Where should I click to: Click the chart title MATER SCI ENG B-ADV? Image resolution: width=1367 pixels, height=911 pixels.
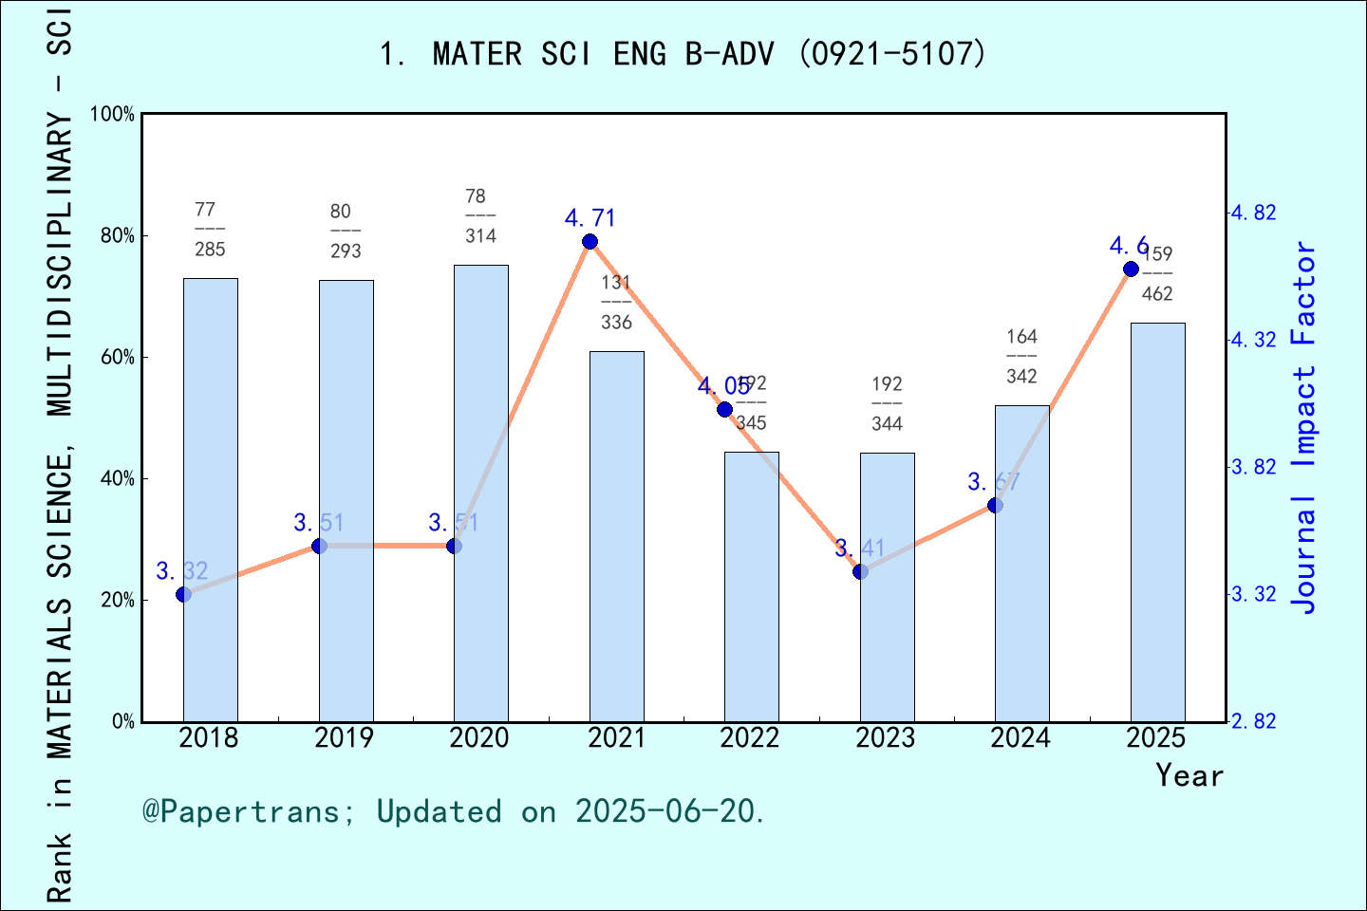[683, 54]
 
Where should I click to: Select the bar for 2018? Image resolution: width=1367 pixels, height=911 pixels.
[210, 499]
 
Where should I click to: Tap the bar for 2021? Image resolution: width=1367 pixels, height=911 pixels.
[616, 536]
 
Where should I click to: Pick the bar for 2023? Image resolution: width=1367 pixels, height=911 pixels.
[887, 586]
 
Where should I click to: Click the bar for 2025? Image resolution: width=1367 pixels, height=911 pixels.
[1157, 522]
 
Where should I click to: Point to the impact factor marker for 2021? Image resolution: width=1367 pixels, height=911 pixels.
[590, 242]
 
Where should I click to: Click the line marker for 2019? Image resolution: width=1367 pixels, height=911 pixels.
[319, 546]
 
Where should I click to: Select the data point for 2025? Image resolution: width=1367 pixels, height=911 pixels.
[1131, 270]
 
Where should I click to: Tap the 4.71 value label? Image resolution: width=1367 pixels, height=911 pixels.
[590, 218]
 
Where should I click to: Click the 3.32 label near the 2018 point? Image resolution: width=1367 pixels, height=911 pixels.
[181, 571]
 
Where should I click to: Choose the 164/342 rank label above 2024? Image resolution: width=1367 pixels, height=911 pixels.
[1021, 357]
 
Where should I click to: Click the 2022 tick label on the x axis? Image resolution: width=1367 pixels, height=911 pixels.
[749, 738]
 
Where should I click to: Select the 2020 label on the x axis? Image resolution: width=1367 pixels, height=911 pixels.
[478, 738]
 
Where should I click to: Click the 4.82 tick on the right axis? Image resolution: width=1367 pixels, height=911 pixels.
[1253, 213]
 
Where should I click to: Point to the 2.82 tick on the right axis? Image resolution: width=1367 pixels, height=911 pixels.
[1253, 722]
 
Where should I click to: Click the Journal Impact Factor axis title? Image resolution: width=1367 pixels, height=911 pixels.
[1305, 427]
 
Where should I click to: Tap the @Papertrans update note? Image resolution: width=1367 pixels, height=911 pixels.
[453, 811]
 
